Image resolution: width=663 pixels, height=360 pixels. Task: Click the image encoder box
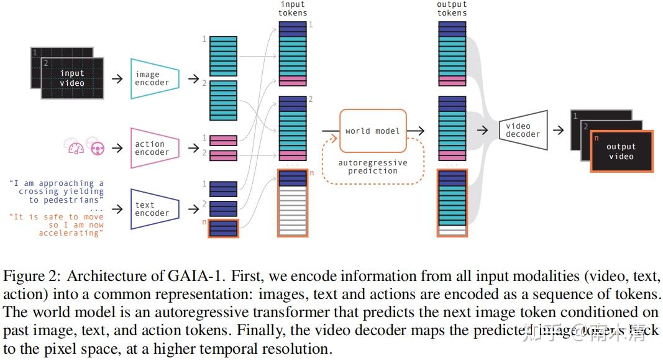pos(154,79)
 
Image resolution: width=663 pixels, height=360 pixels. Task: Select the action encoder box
pos(154,148)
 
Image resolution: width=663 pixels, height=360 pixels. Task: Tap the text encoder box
pos(154,209)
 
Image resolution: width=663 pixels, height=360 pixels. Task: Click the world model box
pos(373,131)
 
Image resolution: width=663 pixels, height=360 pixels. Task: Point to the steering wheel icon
pos(98,148)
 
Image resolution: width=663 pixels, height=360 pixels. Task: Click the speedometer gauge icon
pos(75,148)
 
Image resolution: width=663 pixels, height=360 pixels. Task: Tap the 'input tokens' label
pos(293,9)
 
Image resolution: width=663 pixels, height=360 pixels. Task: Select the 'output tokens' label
pos(452,9)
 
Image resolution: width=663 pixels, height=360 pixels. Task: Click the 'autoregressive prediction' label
pos(373,167)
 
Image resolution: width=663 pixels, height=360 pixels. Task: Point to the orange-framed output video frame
pos(621,151)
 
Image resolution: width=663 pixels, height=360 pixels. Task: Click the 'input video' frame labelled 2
pos(72,78)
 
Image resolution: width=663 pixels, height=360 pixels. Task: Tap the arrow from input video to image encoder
pos(116,79)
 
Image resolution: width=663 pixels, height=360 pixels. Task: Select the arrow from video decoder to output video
pos(558,130)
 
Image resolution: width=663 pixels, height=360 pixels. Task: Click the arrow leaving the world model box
pos(416,131)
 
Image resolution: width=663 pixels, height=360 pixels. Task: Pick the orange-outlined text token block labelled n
pos(223,228)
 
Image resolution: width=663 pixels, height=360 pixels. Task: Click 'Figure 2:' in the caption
pos(32,276)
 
